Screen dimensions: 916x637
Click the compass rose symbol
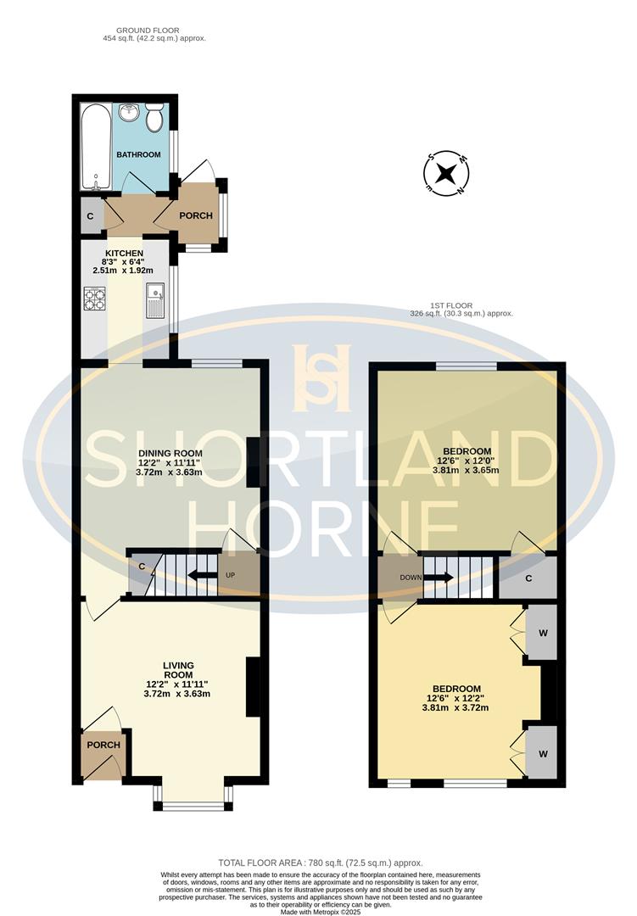(x=447, y=175)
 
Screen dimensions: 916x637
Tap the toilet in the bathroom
(x=154, y=119)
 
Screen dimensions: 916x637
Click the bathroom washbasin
(x=128, y=113)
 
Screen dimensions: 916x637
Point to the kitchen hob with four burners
(x=94, y=299)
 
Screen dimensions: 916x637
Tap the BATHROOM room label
(x=138, y=154)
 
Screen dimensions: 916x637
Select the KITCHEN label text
(x=124, y=254)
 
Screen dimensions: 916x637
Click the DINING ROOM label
(x=170, y=454)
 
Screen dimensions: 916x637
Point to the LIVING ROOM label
(x=179, y=670)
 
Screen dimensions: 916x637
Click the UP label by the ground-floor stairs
(x=230, y=575)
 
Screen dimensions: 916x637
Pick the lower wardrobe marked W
(x=541, y=751)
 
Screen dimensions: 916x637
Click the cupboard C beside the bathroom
(x=91, y=216)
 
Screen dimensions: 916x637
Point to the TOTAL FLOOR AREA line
(x=321, y=863)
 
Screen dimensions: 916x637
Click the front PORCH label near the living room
(x=103, y=745)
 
